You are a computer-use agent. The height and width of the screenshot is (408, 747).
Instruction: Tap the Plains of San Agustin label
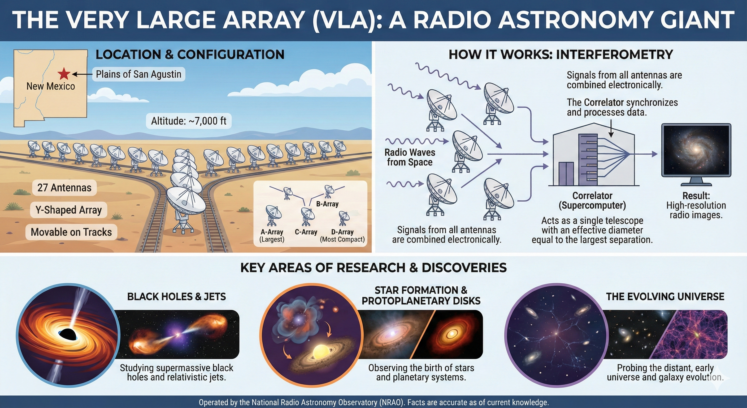(x=139, y=74)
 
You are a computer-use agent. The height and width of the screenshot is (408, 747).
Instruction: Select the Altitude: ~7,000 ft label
(x=189, y=121)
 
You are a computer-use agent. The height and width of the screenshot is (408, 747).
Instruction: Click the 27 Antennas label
(x=64, y=188)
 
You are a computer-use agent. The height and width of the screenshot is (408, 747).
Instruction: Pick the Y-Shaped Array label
(x=69, y=210)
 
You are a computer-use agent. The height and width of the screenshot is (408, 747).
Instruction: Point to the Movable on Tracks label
(x=71, y=232)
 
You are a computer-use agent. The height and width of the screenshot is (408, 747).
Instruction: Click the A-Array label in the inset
(x=272, y=232)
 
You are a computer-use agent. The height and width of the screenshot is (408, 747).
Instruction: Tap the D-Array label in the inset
(x=342, y=232)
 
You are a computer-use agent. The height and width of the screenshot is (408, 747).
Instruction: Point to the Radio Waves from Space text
(x=410, y=157)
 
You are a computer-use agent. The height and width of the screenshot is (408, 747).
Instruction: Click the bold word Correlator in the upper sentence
(x=604, y=103)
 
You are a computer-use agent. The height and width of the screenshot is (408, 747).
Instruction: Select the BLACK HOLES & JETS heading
(x=176, y=296)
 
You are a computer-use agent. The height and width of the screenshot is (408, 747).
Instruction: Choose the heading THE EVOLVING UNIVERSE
(x=665, y=296)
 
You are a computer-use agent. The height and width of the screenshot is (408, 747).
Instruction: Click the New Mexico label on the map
(x=51, y=86)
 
